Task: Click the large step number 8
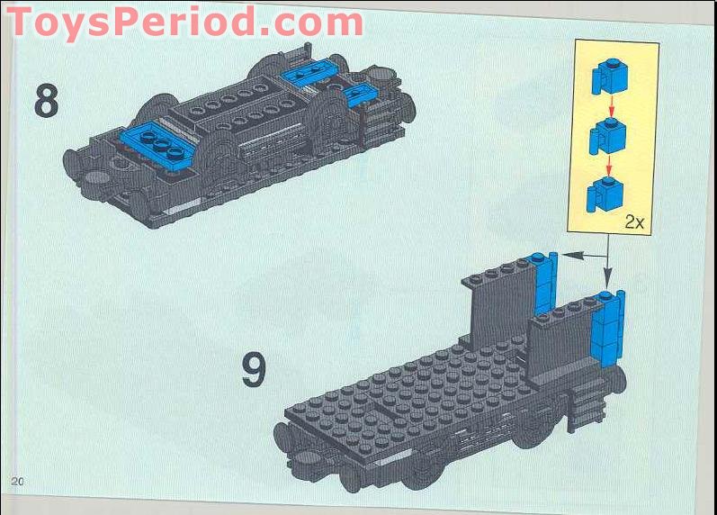(x=46, y=100)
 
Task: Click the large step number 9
(x=255, y=370)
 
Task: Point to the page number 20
(x=17, y=481)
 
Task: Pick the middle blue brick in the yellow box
(x=607, y=137)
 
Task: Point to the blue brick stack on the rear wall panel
(x=546, y=284)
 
